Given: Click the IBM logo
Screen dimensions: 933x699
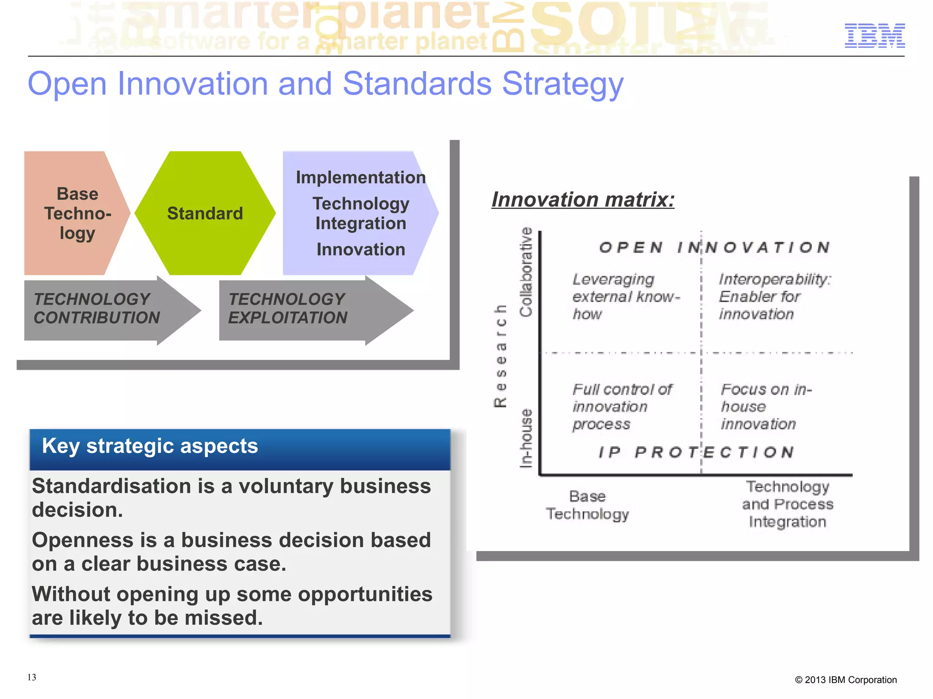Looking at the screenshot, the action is pos(874,36).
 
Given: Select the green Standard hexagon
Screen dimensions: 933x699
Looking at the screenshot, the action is pos(205,213).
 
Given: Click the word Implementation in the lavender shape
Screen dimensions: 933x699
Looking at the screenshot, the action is pos(360,178).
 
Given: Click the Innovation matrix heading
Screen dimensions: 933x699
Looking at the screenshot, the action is pos(583,199).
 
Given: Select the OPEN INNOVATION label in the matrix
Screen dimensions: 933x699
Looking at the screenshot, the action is pos(714,247).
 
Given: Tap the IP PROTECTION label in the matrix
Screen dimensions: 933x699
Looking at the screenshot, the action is pos(696,452).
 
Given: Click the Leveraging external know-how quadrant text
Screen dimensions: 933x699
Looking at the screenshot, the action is pos(624,296).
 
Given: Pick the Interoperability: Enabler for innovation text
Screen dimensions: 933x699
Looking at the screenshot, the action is pos(774,296).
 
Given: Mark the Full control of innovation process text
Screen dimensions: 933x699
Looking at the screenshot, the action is pos(621,407).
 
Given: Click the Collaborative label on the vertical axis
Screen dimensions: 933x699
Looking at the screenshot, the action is pos(526,272).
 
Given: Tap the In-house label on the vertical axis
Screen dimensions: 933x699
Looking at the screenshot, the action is pos(526,438).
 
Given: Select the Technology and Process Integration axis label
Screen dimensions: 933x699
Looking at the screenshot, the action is pos(787,504).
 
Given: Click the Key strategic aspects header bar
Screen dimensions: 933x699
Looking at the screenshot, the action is pos(240,448).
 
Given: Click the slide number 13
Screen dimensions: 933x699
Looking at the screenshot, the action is pos(31,677).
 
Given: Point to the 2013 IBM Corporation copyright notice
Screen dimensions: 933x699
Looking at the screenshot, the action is pos(846,680).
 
